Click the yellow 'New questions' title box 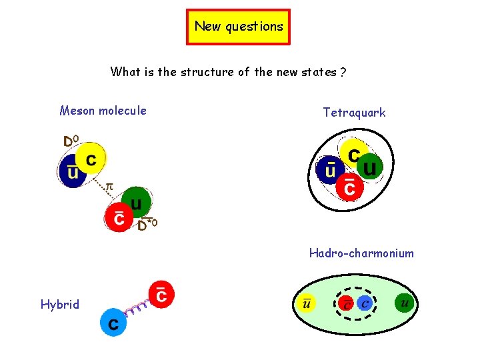pyautogui.click(x=239, y=27)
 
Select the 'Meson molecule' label pyautogui.click(x=103, y=111)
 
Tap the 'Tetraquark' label pyautogui.click(x=354, y=113)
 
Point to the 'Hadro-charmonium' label pyautogui.click(x=361, y=253)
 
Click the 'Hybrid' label pyautogui.click(x=59, y=305)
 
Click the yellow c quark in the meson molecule pyautogui.click(x=91, y=157)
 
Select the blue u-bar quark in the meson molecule pyautogui.click(x=71, y=172)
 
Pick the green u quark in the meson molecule pyautogui.click(x=136, y=201)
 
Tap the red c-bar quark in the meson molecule pyautogui.click(x=119, y=217)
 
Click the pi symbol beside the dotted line pyautogui.click(x=110, y=188)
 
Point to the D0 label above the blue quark pyautogui.click(x=71, y=141)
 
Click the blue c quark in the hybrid pyautogui.click(x=114, y=323)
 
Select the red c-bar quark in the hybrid pyautogui.click(x=161, y=294)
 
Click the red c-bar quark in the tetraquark pyautogui.click(x=349, y=187)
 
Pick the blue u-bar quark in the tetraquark pyautogui.click(x=330, y=170)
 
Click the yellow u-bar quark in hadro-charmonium pyautogui.click(x=306, y=305)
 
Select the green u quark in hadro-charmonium pyautogui.click(x=403, y=303)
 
